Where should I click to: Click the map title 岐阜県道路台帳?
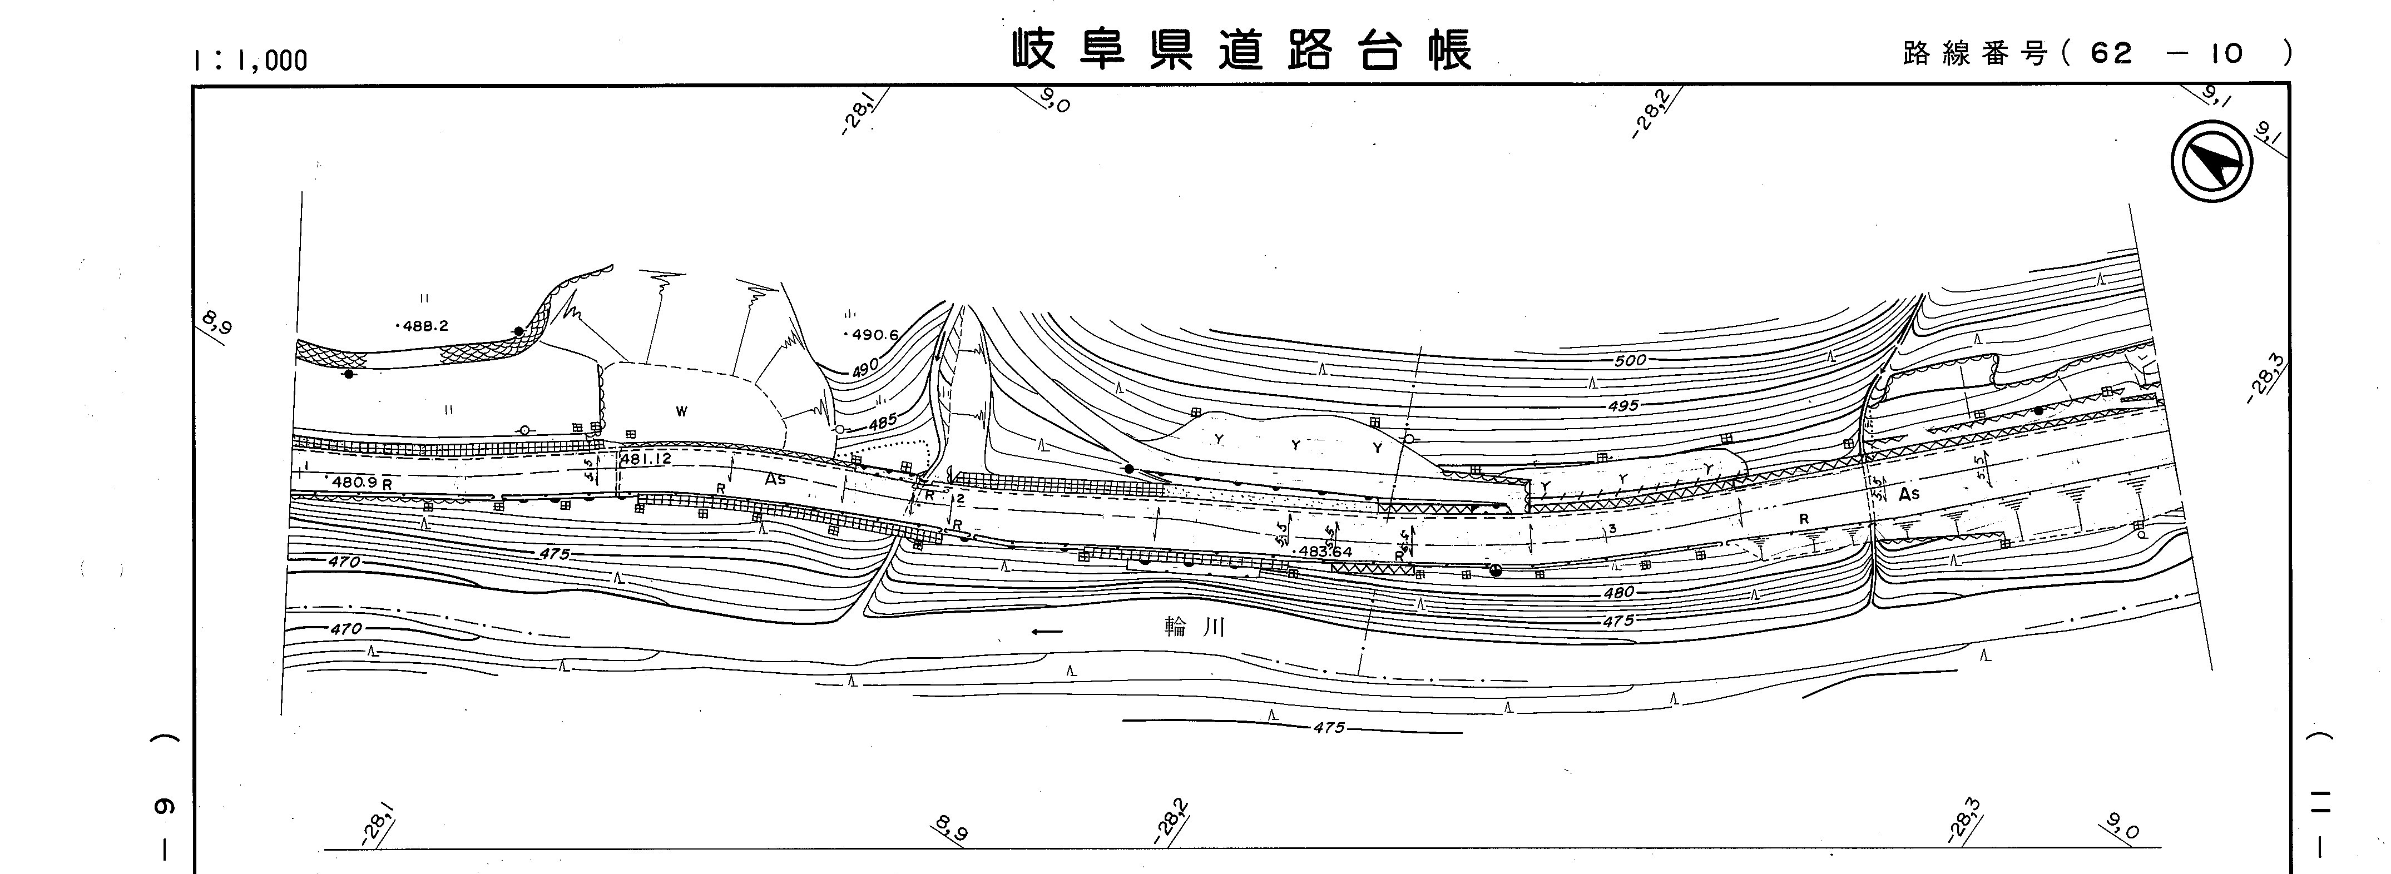[x=1240, y=51]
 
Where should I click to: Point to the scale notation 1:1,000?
[x=249, y=60]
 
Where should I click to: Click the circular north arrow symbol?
[x=2212, y=163]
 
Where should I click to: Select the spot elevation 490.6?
[x=870, y=335]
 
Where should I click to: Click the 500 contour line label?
[x=1630, y=360]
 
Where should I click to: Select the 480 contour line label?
[x=1618, y=592]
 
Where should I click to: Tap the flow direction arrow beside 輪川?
[x=1047, y=632]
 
